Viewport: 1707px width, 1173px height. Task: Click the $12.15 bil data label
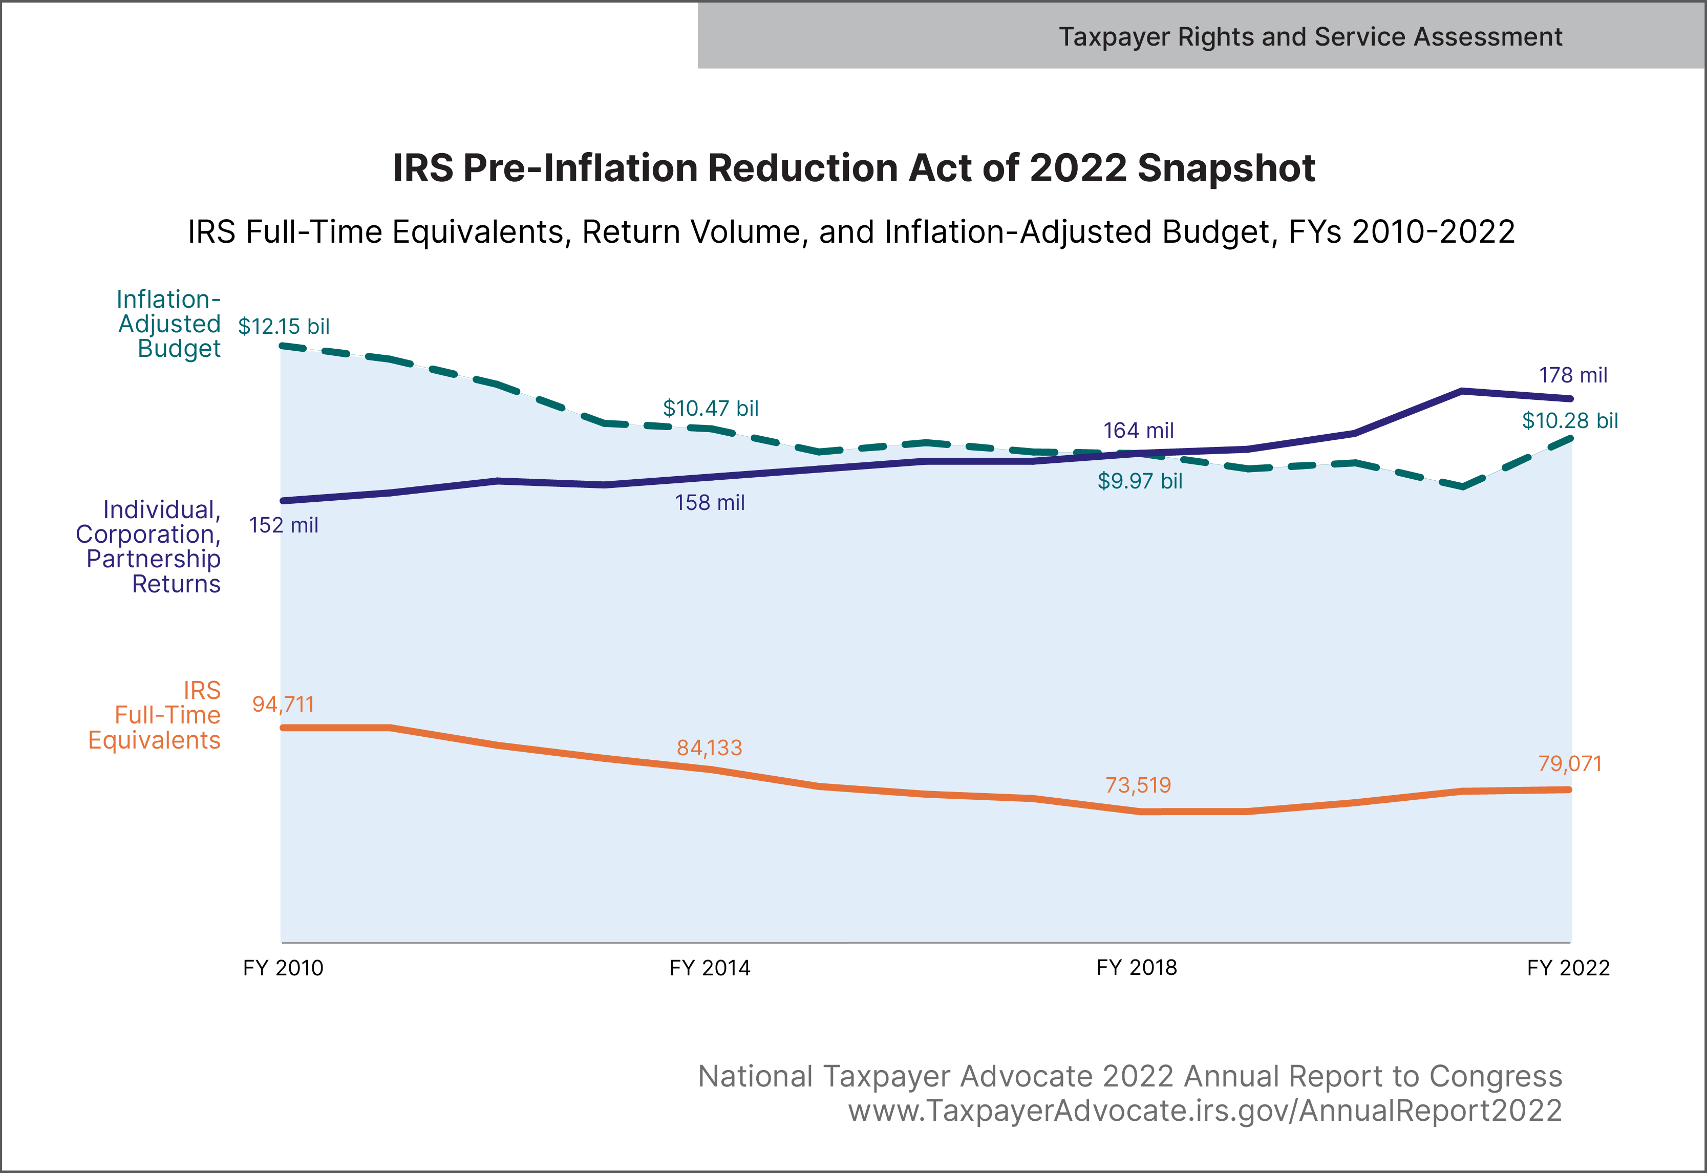tap(284, 326)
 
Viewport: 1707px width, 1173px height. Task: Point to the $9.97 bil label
tap(1140, 481)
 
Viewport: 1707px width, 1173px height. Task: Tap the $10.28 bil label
tap(1570, 421)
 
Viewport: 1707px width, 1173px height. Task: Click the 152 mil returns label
tap(284, 525)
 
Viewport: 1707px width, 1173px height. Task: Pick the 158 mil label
tap(710, 503)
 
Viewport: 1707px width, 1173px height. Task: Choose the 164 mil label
tap(1138, 431)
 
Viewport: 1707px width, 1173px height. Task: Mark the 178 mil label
tap(1573, 376)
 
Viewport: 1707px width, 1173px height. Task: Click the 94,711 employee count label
tap(284, 705)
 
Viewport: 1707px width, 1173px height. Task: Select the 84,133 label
tap(710, 748)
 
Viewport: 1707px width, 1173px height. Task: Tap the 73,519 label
tap(1138, 786)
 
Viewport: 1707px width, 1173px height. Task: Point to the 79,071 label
tap(1570, 764)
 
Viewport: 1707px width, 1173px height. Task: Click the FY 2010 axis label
tap(283, 968)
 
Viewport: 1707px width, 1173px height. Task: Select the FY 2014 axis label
tap(710, 968)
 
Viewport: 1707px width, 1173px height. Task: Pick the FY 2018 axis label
tap(1137, 968)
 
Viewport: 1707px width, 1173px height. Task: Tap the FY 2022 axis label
tap(1568, 968)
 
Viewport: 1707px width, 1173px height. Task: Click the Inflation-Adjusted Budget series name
tap(169, 324)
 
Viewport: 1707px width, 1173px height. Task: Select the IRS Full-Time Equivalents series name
tap(154, 715)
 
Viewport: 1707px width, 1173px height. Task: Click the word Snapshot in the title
tap(1226, 168)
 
